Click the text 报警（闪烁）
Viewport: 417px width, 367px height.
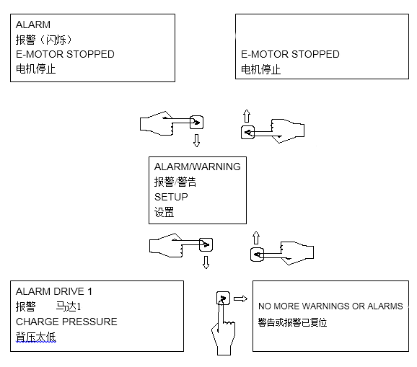[44, 40]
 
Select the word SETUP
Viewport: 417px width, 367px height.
[171, 197]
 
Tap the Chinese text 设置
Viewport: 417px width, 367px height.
[164, 212]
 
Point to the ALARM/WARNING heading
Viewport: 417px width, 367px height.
[198, 167]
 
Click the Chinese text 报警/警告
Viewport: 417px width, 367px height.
[175, 182]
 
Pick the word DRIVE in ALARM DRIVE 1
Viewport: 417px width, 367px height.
[67, 291]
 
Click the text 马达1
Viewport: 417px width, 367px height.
[69, 306]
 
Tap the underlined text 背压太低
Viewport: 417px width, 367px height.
[35, 337]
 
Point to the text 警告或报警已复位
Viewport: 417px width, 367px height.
[292, 322]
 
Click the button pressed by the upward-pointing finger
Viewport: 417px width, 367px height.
[223, 298]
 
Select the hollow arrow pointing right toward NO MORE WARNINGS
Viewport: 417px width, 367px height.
[240, 299]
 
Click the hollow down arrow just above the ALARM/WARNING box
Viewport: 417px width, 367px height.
[196, 141]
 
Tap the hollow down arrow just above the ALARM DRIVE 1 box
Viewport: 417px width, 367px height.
[206, 262]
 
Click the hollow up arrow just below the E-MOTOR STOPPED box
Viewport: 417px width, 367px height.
[247, 116]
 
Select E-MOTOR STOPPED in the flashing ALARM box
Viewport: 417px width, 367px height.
[65, 54]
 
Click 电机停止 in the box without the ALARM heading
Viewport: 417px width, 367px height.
[261, 70]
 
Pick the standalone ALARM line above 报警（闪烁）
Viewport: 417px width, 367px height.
[33, 25]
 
